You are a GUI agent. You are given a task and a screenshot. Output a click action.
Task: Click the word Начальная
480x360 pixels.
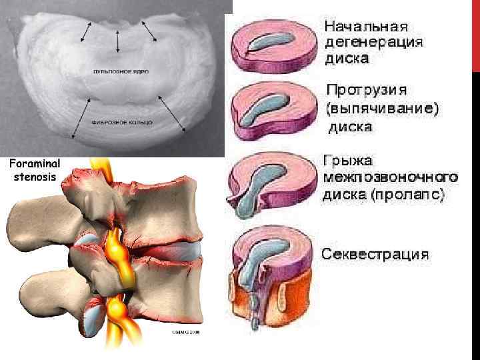coord(365,28)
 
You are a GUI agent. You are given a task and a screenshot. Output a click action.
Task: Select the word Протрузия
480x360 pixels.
coord(367,89)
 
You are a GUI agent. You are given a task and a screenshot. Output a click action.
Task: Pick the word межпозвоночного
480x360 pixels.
coord(390,178)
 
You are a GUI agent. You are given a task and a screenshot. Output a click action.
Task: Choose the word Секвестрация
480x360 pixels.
coord(376,255)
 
